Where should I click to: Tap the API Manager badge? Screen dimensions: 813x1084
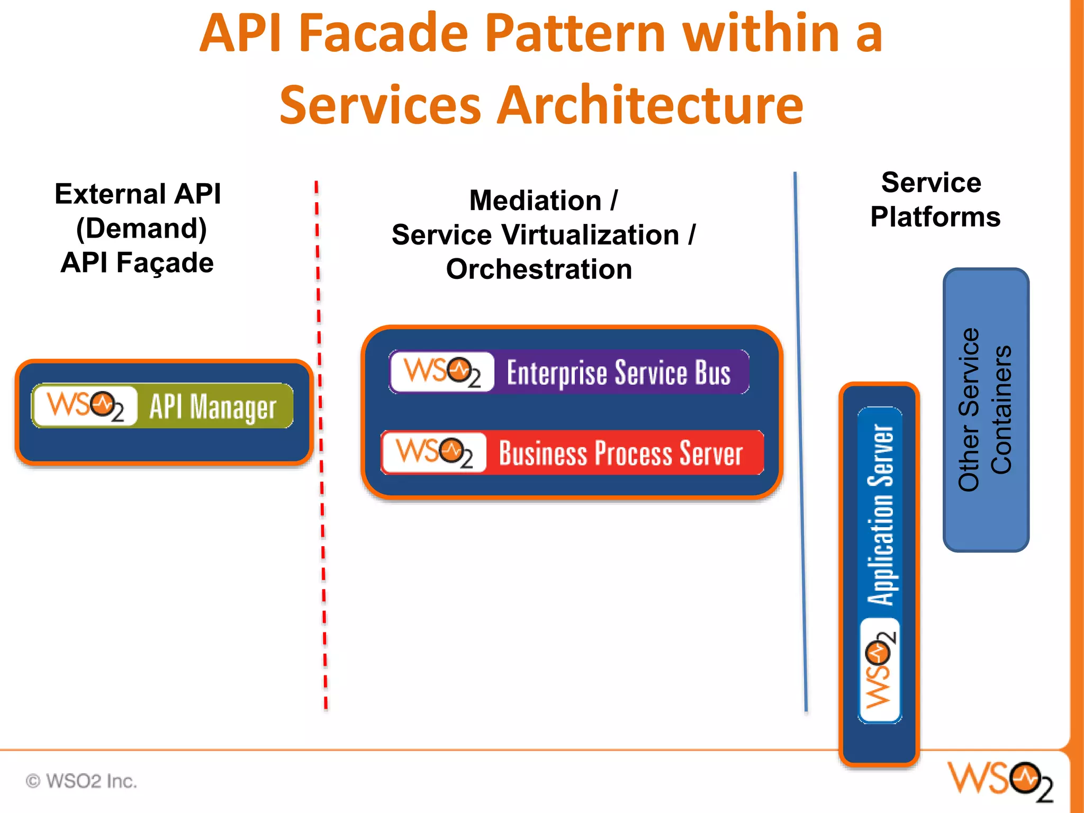pyautogui.click(x=162, y=405)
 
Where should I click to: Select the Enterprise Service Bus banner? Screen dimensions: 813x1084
pyautogui.click(x=569, y=372)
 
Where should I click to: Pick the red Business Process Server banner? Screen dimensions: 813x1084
pyautogui.click(x=572, y=453)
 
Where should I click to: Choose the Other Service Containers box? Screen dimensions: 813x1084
pyautogui.click(x=986, y=410)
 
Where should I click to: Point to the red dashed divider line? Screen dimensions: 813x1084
pyautogui.click(x=321, y=445)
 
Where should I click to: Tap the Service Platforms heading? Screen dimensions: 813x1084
pyautogui.click(x=935, y=200)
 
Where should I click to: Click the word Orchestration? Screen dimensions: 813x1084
pyautogui.click(x=539, y=269)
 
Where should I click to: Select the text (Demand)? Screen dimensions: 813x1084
pyautogui.click(x=141, y=229)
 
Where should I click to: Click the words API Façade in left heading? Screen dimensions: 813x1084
pyautogui.click(x=137, y=263)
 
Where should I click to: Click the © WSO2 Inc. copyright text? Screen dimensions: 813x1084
pyautogui.click(x=82, y=781)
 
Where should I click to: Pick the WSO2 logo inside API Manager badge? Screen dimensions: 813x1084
pyautogui.click(x=85, y=406)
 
